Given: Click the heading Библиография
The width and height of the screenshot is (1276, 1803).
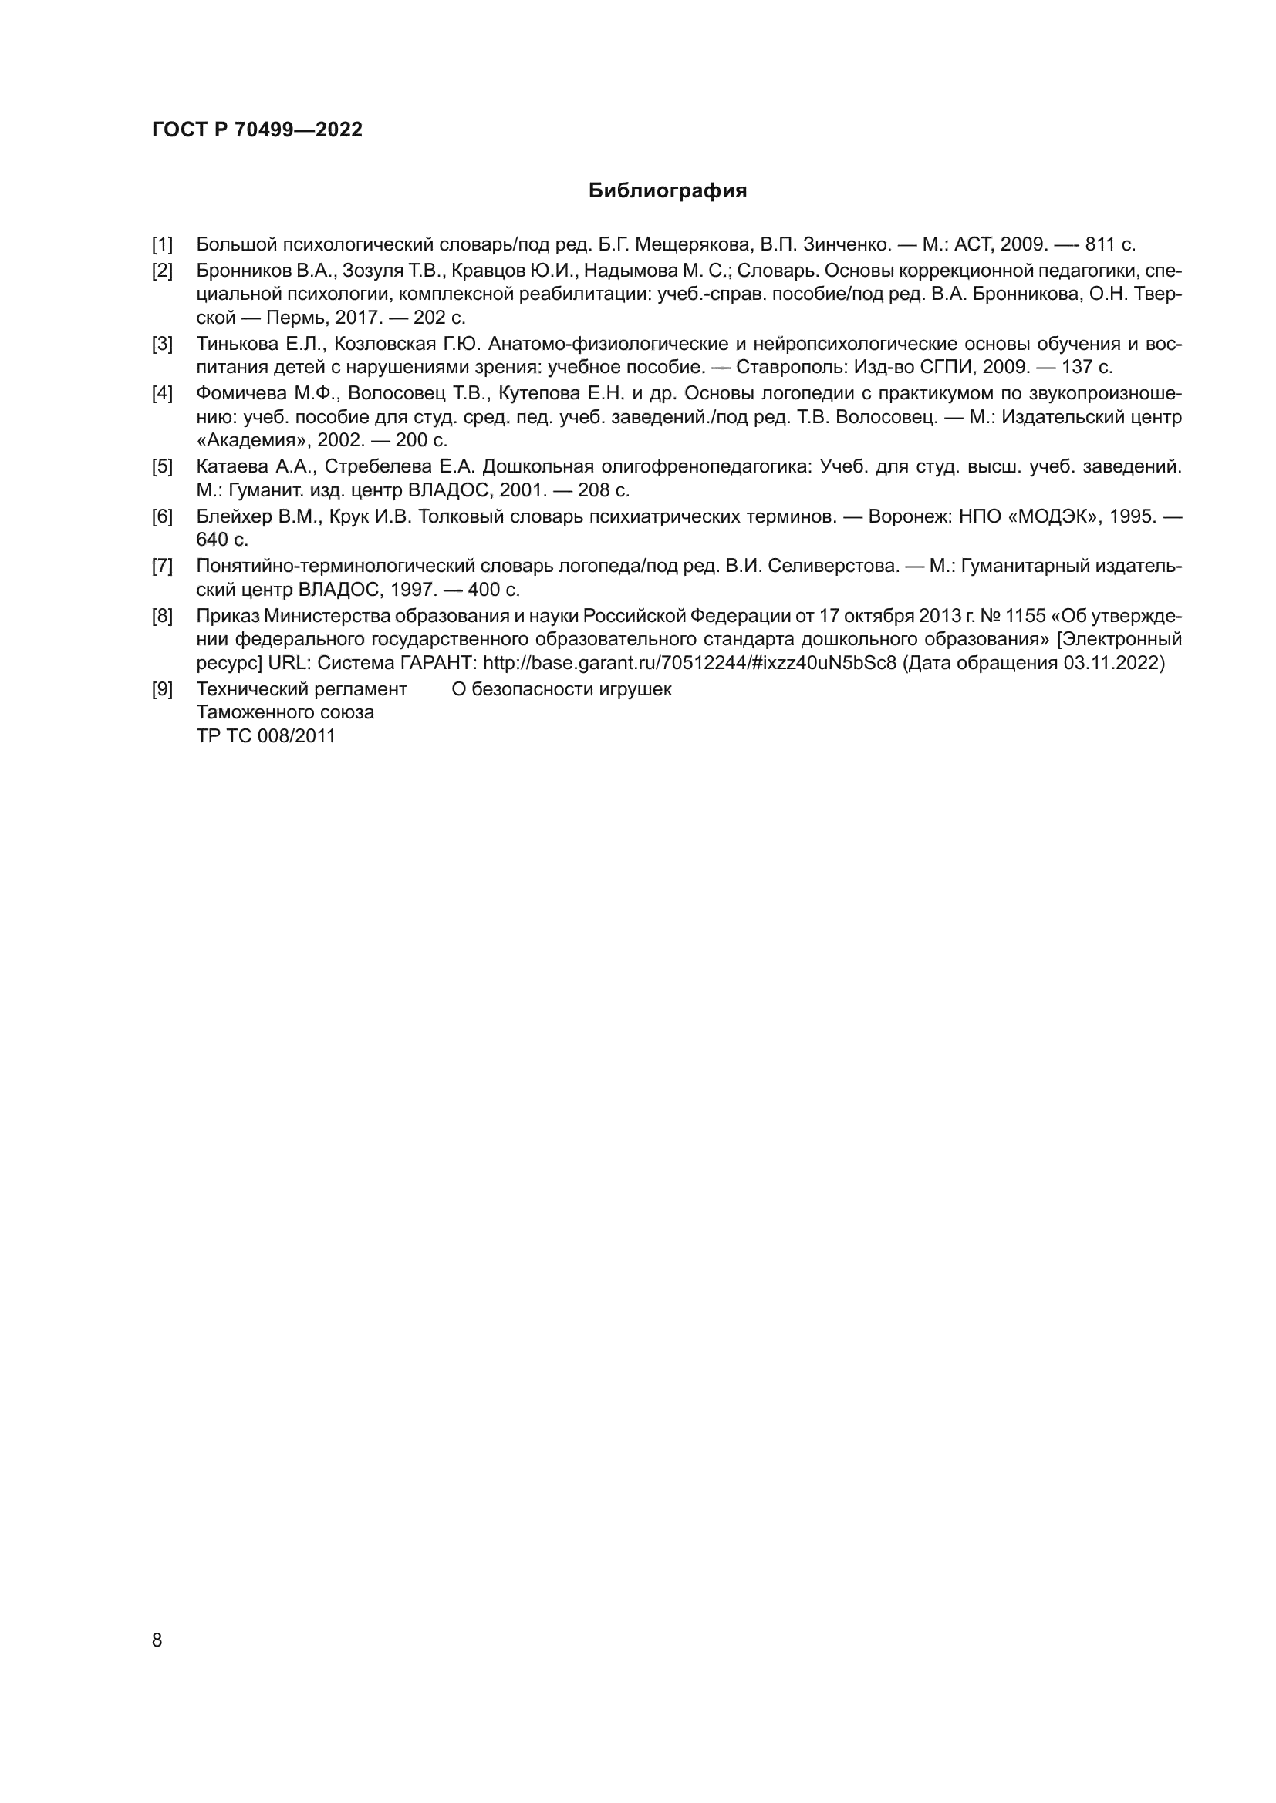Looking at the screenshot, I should tap(667, 191).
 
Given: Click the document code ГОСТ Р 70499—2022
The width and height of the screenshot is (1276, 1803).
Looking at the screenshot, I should tap(257, 130).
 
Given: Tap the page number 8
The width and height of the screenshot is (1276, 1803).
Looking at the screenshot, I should tap(157, 1640).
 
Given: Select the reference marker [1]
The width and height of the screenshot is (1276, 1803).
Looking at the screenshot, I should tap(162, 244).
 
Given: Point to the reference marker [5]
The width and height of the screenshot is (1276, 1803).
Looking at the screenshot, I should tap(162, 467).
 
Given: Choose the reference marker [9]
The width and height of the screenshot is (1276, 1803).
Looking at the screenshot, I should tap(162, 689).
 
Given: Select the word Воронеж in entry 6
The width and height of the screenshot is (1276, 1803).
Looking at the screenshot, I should tap(906, 516).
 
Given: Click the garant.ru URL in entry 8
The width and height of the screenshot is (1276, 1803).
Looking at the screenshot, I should tap(689, 663).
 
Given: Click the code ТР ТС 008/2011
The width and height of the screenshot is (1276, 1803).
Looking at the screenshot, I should tap(265, 737).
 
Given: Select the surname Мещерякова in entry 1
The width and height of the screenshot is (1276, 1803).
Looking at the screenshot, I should tap(691, 244).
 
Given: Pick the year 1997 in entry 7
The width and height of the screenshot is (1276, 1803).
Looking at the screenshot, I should tap(414, 590).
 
